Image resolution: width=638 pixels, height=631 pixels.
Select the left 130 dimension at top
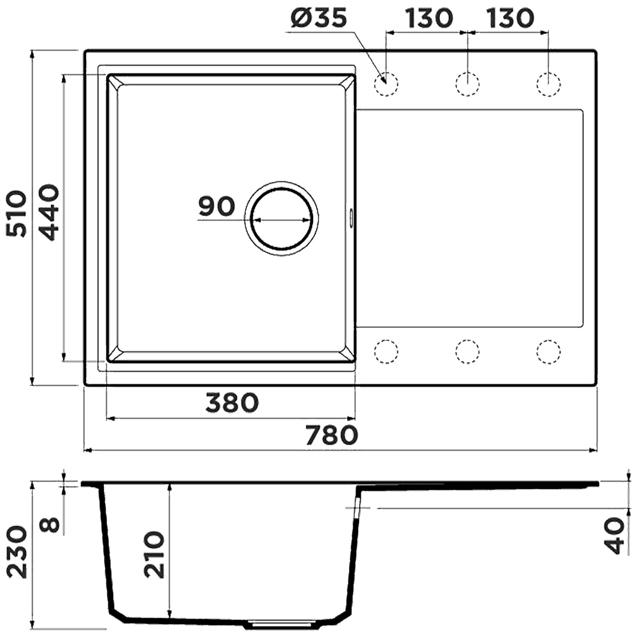pos(428,18)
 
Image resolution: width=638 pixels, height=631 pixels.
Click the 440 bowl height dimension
pos(46,212)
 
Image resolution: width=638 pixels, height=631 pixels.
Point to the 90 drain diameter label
pos(216,206)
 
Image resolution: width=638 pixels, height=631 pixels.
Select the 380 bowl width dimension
pos(232,403)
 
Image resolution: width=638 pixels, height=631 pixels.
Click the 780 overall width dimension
pos(332,435)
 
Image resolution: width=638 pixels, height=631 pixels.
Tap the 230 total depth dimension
pos(18,552)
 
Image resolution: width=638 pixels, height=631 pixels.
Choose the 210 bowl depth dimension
pos(154,554)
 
